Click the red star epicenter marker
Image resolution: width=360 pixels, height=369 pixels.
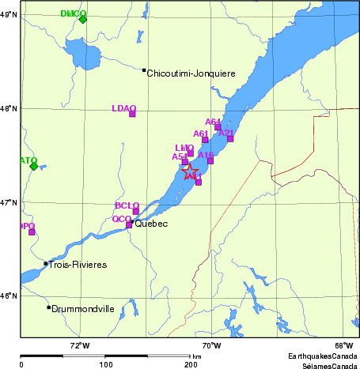191,172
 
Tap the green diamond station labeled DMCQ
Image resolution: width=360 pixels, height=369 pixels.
83,19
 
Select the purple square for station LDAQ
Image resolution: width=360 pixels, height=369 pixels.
132,114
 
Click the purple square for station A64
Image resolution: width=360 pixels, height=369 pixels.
218,127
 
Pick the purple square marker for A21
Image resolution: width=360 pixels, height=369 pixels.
230,138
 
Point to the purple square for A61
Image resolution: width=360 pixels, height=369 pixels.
205,140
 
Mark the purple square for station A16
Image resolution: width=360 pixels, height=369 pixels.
210,160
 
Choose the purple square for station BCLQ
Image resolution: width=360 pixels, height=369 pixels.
135,211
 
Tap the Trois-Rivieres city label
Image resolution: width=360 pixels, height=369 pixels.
78,265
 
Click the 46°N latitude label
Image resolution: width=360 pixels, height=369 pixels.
9,296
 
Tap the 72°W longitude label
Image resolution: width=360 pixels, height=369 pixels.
80,345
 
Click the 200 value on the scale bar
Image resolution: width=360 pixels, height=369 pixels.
191,365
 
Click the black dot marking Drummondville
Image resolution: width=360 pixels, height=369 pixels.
48,307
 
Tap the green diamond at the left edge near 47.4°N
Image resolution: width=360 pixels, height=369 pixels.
33,165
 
